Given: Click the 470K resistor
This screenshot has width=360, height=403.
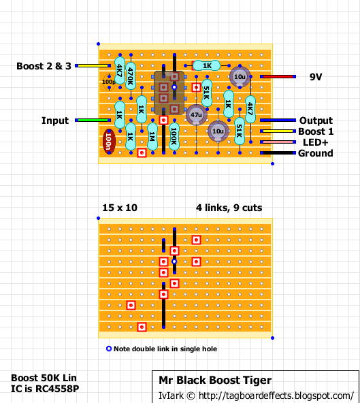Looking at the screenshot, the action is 131,76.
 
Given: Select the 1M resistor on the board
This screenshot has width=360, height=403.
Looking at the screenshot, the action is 152,136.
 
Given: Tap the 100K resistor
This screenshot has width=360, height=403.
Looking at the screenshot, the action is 174,136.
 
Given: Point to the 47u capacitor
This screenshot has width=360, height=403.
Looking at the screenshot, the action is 196,114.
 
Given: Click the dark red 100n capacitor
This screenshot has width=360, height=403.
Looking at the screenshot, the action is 109,142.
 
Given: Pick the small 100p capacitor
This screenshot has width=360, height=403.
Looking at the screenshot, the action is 109,82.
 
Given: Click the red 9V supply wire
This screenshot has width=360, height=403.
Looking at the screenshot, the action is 278,77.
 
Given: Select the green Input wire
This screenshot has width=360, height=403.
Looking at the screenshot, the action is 93,120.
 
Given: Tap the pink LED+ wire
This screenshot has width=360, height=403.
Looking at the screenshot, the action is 278,142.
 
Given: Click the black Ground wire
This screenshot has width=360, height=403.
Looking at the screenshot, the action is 278,153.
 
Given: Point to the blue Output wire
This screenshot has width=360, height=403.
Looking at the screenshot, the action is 278,120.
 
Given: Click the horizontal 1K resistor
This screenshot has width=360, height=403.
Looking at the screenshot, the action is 207,65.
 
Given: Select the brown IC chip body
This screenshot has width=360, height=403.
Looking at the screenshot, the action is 169,93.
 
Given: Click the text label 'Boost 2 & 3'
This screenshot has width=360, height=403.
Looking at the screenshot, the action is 44,66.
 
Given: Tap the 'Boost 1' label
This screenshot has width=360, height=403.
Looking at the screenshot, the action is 316,131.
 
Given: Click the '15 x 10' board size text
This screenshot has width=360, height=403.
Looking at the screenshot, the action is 120,208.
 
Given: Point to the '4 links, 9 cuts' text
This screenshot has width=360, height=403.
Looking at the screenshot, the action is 229,208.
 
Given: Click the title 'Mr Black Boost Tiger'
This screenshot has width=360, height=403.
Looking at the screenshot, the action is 215,380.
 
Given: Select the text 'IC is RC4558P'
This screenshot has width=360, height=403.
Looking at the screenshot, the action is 45,389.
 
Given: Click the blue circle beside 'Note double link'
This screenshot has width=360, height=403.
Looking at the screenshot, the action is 109,349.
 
